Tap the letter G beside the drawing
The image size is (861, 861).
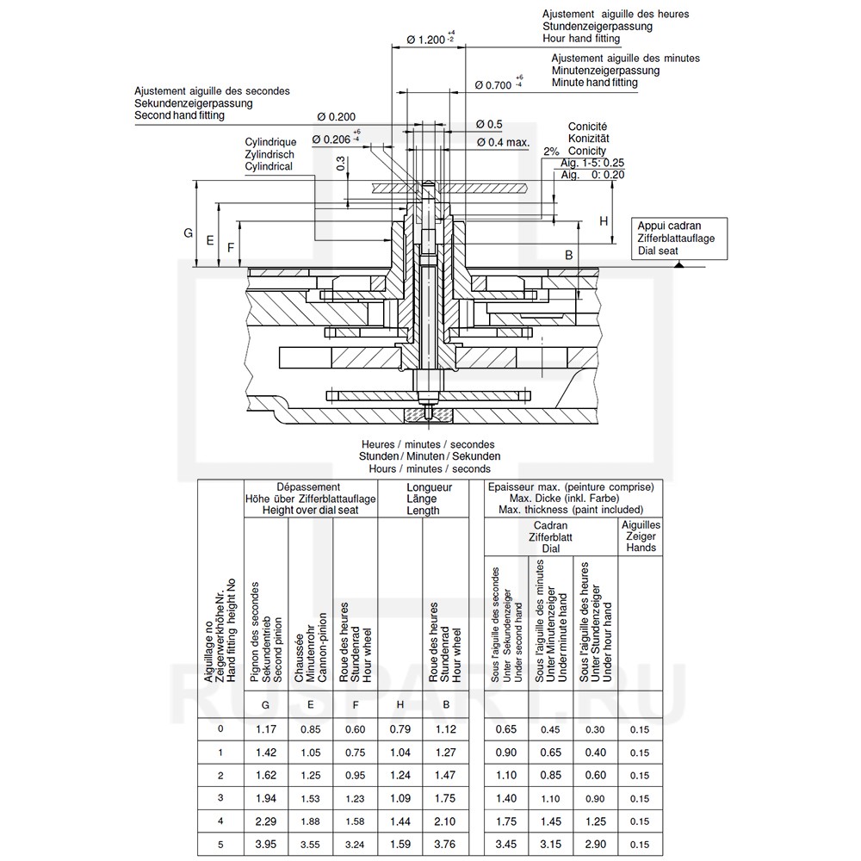point(188,233)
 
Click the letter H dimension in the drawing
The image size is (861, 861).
point(604,221)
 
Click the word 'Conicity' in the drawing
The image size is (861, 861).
point(587,151)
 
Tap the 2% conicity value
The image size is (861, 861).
point(551,152)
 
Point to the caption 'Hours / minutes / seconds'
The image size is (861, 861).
point(430,468)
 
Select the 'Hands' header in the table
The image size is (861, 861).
point(641,548)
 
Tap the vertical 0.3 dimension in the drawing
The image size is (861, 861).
point(342,164)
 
